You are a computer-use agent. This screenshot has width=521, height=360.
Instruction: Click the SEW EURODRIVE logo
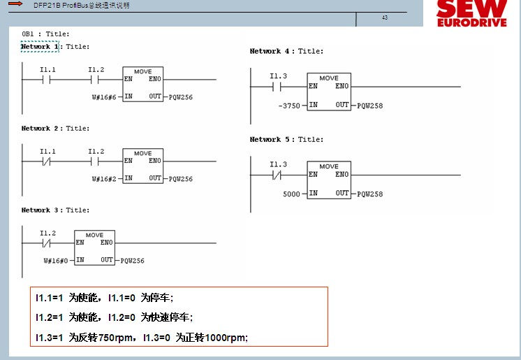point(471,14)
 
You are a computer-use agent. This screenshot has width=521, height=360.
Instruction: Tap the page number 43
point(385,17)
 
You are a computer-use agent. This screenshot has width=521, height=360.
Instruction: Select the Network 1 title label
point(40,47)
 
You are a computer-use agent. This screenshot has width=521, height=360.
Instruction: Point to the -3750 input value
point(288,106)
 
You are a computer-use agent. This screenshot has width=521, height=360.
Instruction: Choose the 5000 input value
point(291,194)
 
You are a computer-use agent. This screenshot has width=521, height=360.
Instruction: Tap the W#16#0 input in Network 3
point(56,261)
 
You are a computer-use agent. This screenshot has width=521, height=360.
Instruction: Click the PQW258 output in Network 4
point(369,106)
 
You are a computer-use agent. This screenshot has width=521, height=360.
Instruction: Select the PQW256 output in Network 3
point(132,261)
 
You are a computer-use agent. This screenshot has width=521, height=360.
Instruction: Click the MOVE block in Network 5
point(329,180)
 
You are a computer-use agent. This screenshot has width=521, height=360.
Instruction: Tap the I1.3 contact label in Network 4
point(278,76)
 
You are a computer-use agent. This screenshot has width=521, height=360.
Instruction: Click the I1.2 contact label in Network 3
point(47,233)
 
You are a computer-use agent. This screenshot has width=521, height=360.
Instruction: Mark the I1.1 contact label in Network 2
point(47,151)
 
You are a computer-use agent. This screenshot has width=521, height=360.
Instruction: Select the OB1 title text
point(45,34)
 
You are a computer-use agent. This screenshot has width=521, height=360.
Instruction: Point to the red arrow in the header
point(15,4)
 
